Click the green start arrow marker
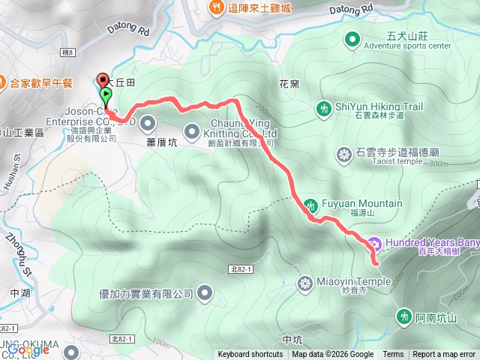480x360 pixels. [106, 95]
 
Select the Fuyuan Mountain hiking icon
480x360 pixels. [310, 204]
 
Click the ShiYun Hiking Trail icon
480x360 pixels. [324, 109]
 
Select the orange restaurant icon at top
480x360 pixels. [215, 8]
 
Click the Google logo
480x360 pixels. [28, 349]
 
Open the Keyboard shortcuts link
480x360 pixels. [250, 355]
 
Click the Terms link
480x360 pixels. [393, 355]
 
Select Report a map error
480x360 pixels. [444, 355]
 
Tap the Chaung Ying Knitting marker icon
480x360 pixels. [191, 128]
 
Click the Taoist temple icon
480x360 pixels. [344, 155]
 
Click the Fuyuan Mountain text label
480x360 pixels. [362, 203]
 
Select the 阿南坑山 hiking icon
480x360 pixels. [406, 316]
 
